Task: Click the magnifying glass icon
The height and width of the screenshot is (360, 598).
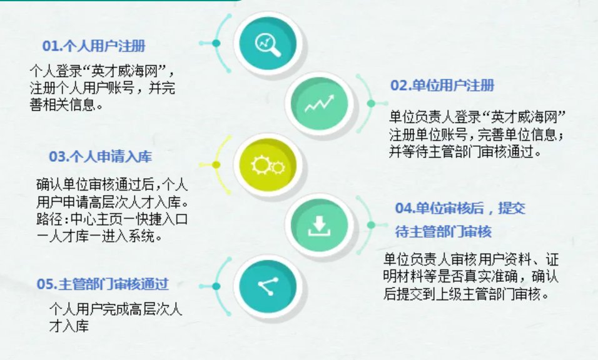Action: [268, 44]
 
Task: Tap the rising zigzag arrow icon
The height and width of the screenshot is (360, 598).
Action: [319, 104]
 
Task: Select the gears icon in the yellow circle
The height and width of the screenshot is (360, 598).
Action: [268, 165]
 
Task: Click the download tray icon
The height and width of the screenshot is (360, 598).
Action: [319, 226]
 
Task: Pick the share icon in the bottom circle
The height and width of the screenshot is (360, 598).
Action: [268, 286]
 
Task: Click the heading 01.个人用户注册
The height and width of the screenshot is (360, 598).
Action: [94, 46]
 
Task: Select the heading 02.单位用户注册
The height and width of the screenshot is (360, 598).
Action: [442, 86]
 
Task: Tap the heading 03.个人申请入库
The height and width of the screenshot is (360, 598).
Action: [100, 157]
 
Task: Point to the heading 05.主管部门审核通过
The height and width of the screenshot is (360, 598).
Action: [103, 284]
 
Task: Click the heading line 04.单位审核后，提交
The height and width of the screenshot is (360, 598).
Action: [460, 208]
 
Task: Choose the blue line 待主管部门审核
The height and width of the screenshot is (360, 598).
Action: [443, 232]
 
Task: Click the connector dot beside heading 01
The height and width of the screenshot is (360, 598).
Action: [216, 43]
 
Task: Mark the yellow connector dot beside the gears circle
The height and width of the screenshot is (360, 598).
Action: [216, 164]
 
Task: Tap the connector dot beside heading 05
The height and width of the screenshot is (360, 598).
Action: [216, 286]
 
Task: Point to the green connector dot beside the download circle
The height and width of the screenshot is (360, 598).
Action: [371, 225]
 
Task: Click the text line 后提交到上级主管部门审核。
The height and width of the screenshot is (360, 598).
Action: [466, 294]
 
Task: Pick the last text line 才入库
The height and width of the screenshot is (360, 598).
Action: [69, 326]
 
